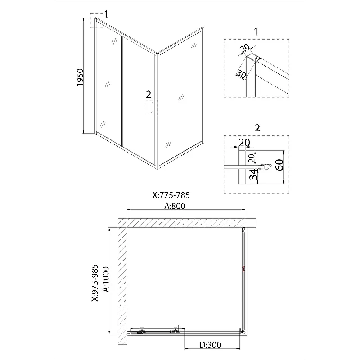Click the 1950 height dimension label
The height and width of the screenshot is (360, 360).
pyautogui.click(x=80, y=77)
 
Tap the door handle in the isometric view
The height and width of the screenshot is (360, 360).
pyautogui.click(x=152, y=108)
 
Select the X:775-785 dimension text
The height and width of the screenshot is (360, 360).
pyautogui.click(x=171, y=195)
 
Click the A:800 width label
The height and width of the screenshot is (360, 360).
pyautogui.click(x=175, y=206)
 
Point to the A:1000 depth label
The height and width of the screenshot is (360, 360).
pyautogui.click(x=106, y=279)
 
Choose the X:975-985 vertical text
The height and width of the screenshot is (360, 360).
pyautogui.click(x=95, y=283)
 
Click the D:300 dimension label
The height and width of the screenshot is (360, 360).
pyautogui.click(x=210, y=345)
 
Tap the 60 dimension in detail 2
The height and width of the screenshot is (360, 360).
pyautogui.click(x=279, y=165)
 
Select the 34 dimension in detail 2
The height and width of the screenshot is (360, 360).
pyautogui.click(x=253, y=174)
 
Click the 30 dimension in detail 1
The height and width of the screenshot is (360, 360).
pyautogui.click(x=242, y=74)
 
